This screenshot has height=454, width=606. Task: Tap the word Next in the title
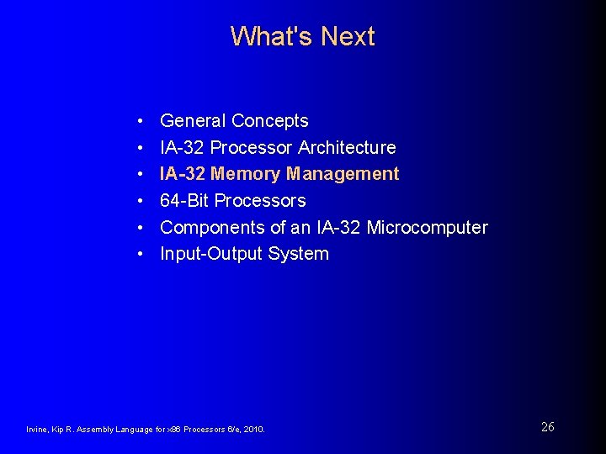pos(348,36)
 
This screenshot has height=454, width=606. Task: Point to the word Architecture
pos(347,148)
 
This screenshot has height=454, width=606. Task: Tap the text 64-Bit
pos(184,201)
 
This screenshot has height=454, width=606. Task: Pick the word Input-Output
pos(211,254)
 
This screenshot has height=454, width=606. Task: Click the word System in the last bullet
pos(299,254)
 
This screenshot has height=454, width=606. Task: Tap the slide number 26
pos(547,427)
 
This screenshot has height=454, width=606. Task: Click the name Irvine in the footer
pos(37,430)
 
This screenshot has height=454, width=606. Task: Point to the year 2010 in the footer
pos(254,430)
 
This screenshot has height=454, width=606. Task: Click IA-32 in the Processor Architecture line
pos(182,148)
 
